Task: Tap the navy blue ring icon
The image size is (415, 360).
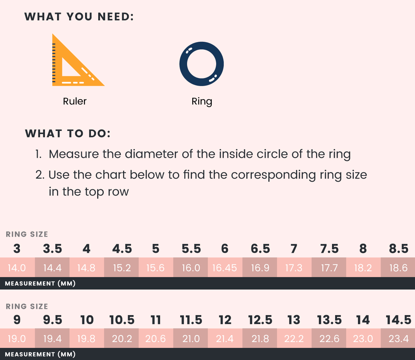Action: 183,64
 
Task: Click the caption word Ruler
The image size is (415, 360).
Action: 75,101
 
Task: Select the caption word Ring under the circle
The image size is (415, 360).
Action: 202,102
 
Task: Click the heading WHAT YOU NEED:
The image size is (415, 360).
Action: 79,17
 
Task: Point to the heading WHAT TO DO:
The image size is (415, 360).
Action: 68,133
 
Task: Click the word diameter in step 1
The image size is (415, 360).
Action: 151,154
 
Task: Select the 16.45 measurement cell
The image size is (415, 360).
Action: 225,267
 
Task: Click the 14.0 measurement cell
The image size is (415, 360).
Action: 17,267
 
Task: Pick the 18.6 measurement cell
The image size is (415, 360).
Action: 398,267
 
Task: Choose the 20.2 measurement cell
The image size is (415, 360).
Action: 121,338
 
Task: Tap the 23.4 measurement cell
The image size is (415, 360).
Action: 398,338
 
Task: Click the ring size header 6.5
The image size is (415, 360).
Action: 260,248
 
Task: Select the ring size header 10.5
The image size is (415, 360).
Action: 122,320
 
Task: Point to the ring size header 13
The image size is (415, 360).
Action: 294,320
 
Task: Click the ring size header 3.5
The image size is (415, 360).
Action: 52,248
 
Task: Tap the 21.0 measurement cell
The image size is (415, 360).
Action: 191,338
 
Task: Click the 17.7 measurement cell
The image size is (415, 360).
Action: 329,267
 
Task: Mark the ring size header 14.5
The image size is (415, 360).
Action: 398,320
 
